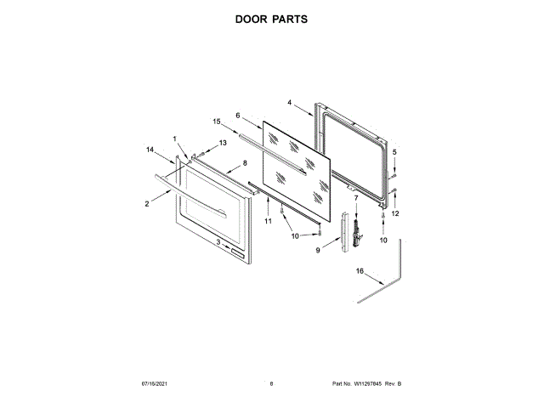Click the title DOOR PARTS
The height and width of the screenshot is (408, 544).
271,17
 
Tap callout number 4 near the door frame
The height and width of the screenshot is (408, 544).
289,103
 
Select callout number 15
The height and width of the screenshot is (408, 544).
217,122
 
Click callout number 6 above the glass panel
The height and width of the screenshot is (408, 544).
238,115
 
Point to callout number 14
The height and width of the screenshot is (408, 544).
150,150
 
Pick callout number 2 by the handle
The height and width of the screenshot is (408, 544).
146,203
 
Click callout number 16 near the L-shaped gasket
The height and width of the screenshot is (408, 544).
359,272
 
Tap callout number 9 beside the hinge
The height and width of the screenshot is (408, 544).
318,250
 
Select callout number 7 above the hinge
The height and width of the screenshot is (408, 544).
356,198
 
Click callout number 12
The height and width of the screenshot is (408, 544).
394,212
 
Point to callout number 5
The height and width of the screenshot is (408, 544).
394,152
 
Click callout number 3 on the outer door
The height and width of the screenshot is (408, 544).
218,242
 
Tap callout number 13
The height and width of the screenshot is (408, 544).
224,144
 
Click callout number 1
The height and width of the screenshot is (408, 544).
175,139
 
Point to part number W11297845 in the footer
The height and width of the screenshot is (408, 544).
372,385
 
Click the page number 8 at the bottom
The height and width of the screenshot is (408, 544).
271,385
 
